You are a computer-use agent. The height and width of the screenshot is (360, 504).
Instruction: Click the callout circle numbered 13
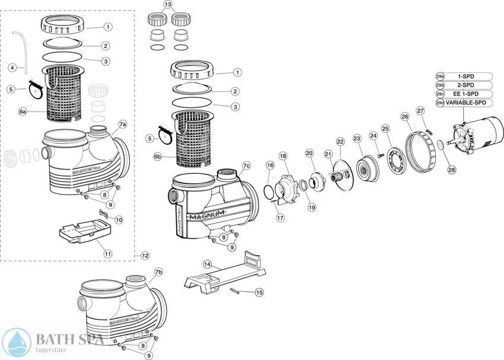(168, 5)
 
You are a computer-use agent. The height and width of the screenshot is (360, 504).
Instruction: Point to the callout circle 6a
(23, 111)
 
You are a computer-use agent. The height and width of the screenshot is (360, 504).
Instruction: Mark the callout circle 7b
(158, 272)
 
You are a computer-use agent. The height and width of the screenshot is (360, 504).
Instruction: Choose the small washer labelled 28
(441, 146)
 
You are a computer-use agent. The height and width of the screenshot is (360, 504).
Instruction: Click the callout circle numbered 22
(340, 141)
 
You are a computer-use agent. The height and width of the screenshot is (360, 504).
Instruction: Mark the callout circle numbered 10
(119, 219)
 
